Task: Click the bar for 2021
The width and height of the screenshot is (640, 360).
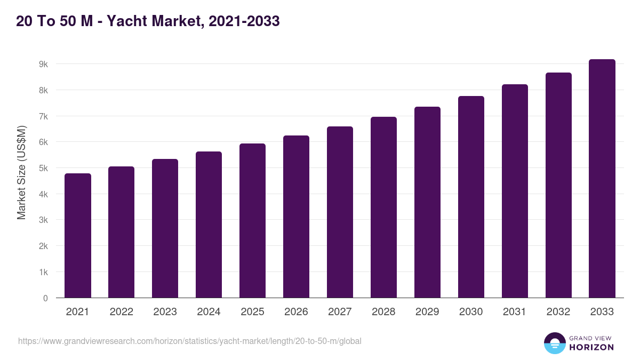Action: (78, 235)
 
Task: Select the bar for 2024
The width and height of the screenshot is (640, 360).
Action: (209, 225)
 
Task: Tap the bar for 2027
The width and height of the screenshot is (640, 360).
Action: (340, 212)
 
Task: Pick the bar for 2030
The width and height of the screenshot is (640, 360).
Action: (471, 197)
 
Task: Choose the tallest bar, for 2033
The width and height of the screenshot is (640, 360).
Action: (602, 178)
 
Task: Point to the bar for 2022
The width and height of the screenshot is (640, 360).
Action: (122, 232)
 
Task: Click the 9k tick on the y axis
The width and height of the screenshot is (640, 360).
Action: (43, 64)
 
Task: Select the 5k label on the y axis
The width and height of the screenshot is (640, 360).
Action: (43, 168)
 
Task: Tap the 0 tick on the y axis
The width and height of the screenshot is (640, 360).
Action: (45, 298)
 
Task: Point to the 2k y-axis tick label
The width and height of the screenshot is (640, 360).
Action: (43, 246)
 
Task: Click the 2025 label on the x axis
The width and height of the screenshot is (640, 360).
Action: (252, 312)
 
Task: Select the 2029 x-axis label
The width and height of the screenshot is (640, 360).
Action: (427, 312)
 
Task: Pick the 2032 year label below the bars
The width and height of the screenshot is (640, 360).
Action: (558, 312)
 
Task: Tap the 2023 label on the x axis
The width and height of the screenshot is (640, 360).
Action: (165, 312)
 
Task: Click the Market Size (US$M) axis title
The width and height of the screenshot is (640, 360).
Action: (21, 172)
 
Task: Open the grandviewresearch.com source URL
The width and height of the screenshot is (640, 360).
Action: (189, 341)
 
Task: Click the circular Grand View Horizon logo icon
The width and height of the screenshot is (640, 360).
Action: (555, 343)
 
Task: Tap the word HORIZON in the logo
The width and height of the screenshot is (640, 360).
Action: (591, 347)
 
